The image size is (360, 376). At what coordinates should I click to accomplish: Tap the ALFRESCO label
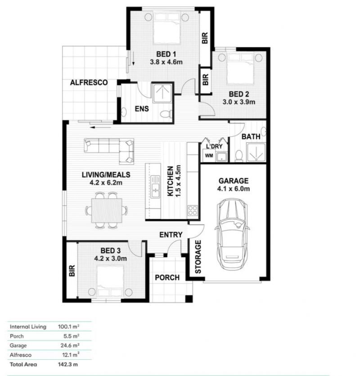pyautogui.click(x=89, y=83)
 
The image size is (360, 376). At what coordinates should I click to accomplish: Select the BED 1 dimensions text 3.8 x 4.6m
pyautogui.click(x=166, y=62)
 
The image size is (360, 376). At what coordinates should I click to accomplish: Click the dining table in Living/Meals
pyautogui.click(x=107, y=210)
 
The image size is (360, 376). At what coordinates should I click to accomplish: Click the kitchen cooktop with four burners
pyautogui.click(x=193, y=210)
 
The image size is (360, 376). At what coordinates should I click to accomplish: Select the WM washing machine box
pyautogui.click(x=208, y=156)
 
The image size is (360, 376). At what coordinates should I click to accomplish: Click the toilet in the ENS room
pyautogui.click(x=166, y=114)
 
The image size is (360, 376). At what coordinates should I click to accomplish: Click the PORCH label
pyautogui.click(x=167, y=277)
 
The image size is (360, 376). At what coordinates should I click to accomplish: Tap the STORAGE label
pyautogui.click(x=198, y=257)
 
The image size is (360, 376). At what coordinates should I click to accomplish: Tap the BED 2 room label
pyautogui.click(x=238, y=94)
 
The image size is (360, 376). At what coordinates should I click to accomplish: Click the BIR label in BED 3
pyautogui.click(x=72, y=271)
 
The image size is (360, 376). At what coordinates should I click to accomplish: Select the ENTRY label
pyautogui.click(x=171, y=235)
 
